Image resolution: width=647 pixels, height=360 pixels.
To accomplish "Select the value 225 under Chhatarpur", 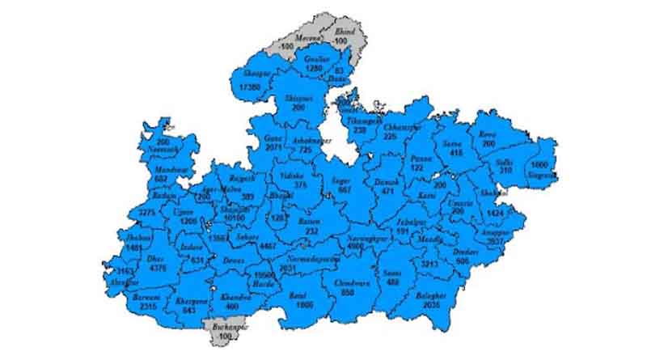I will point(390,137).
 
